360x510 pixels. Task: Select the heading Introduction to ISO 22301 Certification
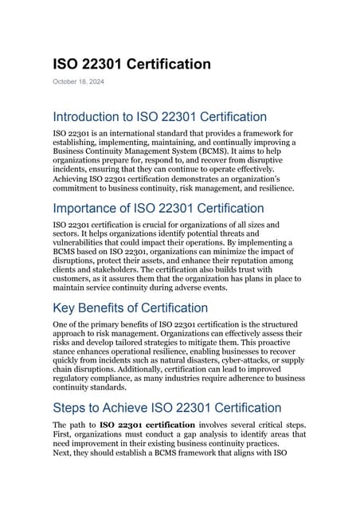click(x=159, y=117)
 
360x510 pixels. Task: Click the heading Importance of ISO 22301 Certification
click(x=159, y=210)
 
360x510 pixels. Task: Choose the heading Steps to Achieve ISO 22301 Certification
click(x=166, y=408)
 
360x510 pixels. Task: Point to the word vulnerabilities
click(x=84, y=246)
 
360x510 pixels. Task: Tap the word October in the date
click(x=65, y=82)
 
